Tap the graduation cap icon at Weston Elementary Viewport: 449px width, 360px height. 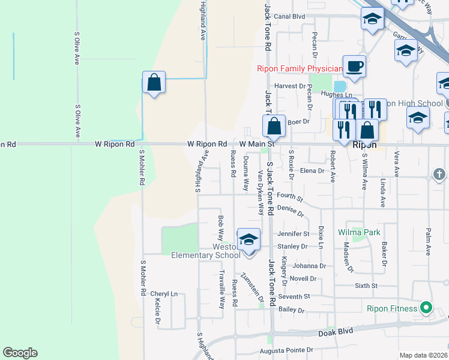[249, 240]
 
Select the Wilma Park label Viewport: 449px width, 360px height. [360, 232]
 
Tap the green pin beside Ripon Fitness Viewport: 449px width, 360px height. [426, 308]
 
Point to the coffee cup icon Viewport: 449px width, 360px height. [354, 67]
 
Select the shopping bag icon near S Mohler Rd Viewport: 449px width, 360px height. [154, 83]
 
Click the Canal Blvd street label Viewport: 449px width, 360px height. [291, 17]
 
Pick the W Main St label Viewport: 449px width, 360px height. [257, 144]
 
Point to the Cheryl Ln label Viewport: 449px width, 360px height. [164, 294]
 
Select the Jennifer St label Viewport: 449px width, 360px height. [294, 233]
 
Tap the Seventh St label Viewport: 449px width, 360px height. [294, 296]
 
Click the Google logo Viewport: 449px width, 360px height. [20, 353]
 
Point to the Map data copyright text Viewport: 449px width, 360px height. [423, 355]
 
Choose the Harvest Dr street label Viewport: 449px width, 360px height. [291, 86]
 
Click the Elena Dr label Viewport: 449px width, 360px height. [312, 170]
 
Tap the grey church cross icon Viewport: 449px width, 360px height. [439, 175]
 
